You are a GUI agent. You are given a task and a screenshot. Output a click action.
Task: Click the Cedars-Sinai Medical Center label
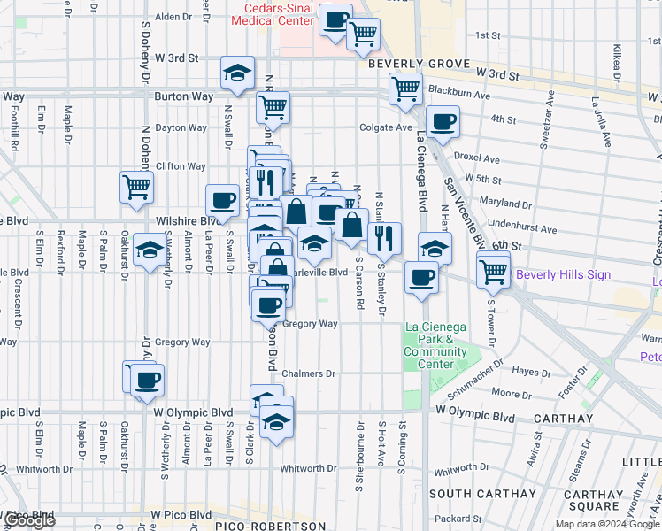[272, 13]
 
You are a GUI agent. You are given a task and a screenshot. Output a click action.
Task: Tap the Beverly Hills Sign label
[563, 274]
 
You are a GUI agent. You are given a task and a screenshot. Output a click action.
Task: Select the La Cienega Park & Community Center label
[435, 345]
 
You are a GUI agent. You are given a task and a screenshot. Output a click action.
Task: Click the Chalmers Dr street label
[309, 374]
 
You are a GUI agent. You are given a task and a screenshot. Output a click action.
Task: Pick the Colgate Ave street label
[386, 127]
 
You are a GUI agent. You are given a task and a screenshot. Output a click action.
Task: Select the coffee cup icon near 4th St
[443, 122]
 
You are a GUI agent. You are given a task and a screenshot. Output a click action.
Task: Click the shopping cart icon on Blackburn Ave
[405, 89]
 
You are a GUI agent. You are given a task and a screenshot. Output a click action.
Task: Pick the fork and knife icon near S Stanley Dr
[384, 238]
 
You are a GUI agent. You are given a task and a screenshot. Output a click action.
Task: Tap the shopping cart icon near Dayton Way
[273, 108]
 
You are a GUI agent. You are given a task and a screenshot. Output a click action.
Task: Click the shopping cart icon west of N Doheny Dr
[137, 187]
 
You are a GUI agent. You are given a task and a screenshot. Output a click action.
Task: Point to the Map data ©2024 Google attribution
[608, 524]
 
